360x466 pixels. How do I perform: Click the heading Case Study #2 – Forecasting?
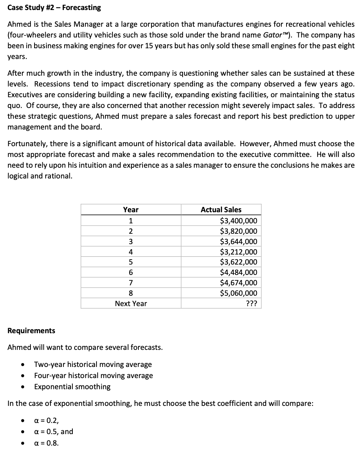point(54,7)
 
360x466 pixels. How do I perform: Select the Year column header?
point(131,210)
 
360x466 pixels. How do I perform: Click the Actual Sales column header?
point(221,210)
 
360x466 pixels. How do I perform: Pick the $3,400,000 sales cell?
point(238,221)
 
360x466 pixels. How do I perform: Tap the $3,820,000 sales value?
point(238,232)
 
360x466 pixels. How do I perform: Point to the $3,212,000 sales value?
point(238,252)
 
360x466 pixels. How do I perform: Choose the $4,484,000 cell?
point(238,273)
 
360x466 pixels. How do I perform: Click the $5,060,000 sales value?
point(238,293)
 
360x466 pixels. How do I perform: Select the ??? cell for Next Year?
point(252,303)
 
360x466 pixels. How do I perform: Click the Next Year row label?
point(131,303)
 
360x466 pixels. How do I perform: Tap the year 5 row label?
point(131,262)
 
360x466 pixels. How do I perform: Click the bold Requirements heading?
point(31,331)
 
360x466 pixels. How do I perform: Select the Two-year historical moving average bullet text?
point(93,364)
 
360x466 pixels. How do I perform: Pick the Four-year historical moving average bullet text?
point(94,375)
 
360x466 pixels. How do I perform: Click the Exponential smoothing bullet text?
point(72,387)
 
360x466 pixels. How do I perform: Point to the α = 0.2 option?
point(46,420)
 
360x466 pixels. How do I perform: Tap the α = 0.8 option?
point(46,443)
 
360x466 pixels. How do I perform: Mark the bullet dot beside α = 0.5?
point(23,432)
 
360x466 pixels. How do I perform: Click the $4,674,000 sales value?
point(238,283)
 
